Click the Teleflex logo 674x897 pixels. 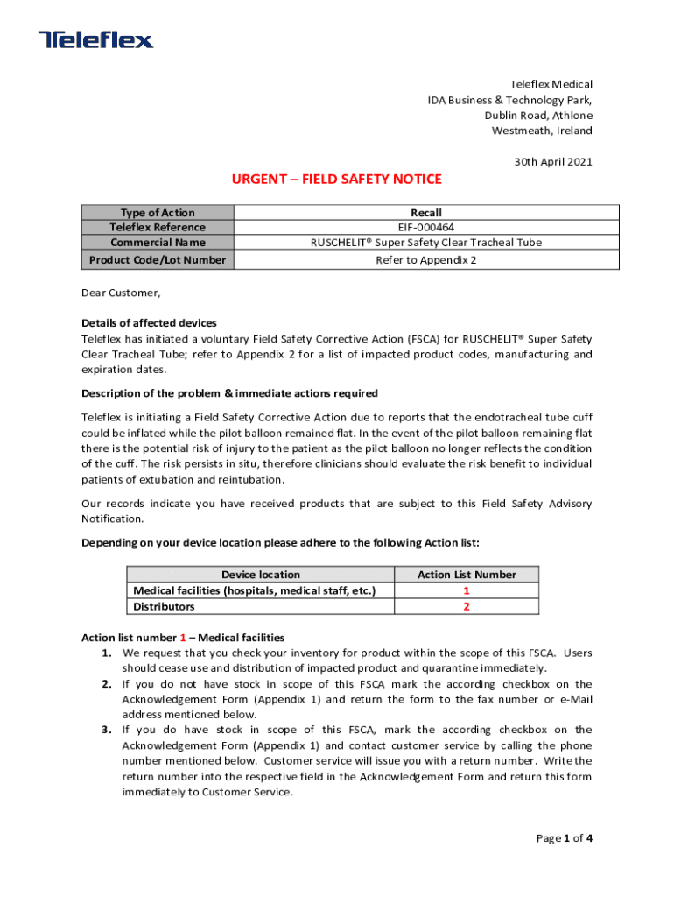[95, 39]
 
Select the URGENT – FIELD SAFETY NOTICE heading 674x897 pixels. [336, 180]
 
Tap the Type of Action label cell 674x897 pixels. [158, 213]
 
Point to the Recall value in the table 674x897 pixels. [426, 213]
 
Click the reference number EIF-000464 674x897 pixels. [426, 228]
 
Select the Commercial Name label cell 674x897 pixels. [158, 243]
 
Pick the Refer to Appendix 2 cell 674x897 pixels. [426, 260]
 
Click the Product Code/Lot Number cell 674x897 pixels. [158, 260]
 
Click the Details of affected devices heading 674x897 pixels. [149, 323]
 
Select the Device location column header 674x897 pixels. [260, 575]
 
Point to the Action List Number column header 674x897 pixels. [467, 575]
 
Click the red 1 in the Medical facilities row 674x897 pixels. [467, 590]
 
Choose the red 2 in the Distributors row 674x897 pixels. [467, 606]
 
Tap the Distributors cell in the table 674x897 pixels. [164, 606]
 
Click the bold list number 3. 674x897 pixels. [105, 730]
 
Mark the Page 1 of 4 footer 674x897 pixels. [565, 838]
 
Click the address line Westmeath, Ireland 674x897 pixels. [541, 131]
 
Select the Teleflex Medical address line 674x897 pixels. [551, 84]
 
